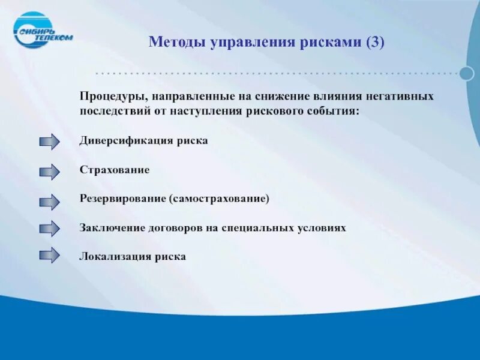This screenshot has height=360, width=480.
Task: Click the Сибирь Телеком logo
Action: click(42, 30)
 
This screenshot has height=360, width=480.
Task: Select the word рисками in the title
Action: click(332, 43)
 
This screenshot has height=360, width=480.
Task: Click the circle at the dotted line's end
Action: click(467, 73)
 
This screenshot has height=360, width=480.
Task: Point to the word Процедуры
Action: click(112, 97)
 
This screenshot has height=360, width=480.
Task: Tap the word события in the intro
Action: click(335, 111)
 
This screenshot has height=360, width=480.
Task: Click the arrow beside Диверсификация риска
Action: click(49, 142)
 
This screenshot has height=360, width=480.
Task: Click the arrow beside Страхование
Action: click(49, 172)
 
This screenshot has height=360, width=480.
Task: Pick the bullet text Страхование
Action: click(115, 170)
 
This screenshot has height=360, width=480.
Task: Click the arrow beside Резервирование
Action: click(49, 202)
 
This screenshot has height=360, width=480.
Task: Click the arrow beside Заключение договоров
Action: click(49, 229)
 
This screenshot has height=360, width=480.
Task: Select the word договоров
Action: click(171, 229)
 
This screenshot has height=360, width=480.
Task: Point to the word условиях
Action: click(322, 229)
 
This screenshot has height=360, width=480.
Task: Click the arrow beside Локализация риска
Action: click(49, 256)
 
